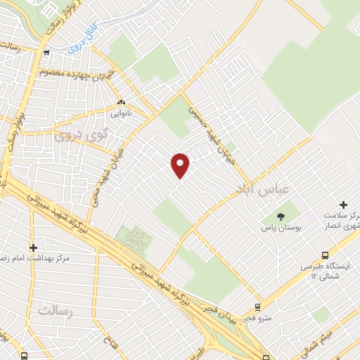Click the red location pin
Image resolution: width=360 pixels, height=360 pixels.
coord(181,165)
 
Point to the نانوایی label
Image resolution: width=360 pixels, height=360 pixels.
coord(121,112)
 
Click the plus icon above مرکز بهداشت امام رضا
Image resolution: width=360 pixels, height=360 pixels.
coord(33,247)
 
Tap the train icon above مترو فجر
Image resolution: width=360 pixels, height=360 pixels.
coord(257,307)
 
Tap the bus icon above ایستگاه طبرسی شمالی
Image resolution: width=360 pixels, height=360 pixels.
coord(325,255)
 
